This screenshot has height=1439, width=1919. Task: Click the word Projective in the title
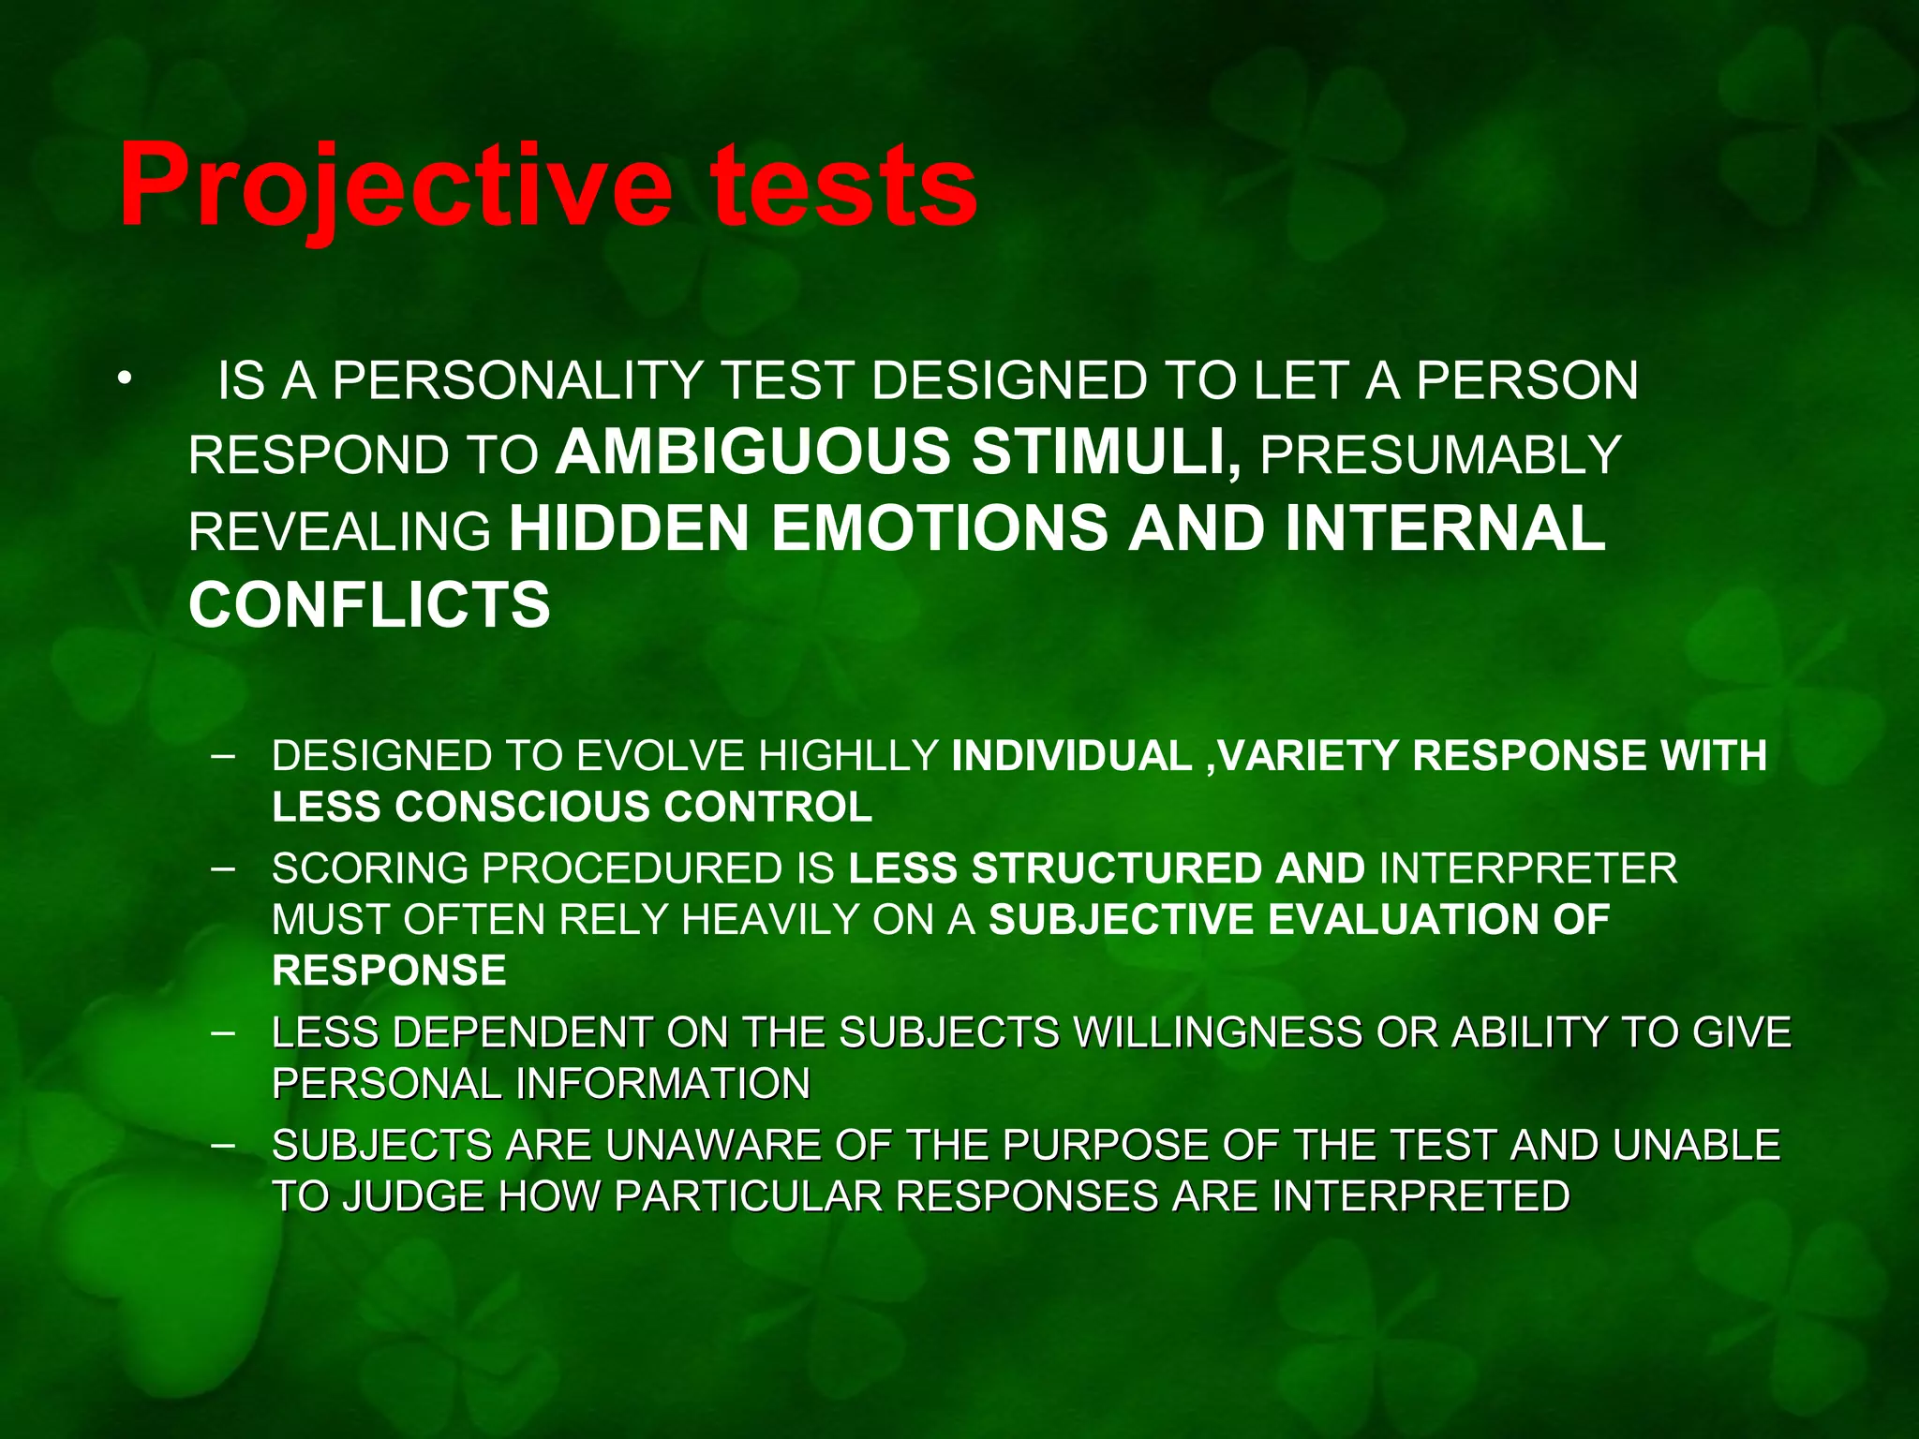394,187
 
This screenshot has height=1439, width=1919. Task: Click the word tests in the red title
843,187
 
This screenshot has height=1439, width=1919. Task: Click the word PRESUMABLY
1440,455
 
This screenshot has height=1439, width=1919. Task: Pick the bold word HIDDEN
629,529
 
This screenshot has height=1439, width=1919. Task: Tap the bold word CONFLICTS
369,604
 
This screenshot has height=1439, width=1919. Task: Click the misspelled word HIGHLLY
848,756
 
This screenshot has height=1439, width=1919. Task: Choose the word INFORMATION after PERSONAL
663,1084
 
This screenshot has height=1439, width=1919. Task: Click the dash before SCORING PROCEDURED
223,868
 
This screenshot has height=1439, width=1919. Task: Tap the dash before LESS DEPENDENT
223,1032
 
